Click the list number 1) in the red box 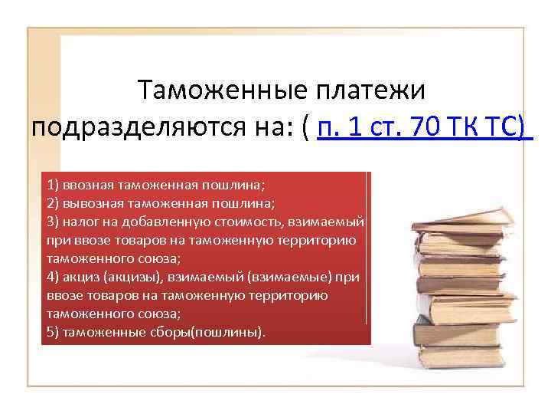coord(53,186)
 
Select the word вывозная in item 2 coord(89,204)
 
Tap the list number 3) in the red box coord(53,222)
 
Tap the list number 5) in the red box coord(53,333)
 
